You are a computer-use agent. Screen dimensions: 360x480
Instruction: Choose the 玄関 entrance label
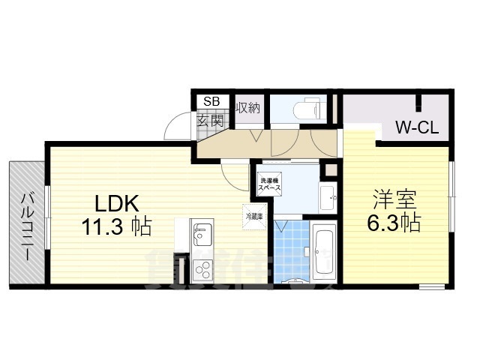tap(211, 120)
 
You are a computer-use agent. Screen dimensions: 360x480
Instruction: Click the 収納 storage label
tap(247, 107)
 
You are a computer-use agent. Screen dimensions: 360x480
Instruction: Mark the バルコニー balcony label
tap(27, 225)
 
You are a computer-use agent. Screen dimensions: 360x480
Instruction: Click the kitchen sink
tap(202, 236)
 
